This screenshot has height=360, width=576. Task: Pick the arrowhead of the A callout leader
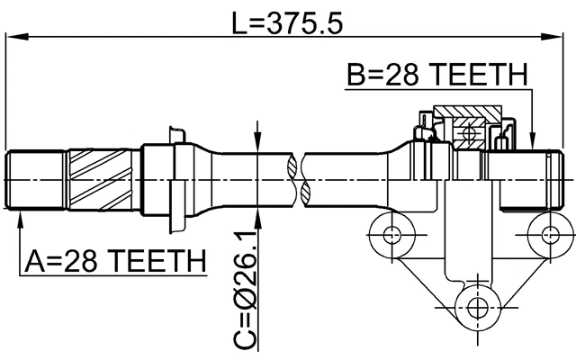21,219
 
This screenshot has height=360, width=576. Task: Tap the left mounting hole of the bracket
391,236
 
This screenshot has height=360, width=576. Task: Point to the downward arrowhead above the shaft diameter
259,144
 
